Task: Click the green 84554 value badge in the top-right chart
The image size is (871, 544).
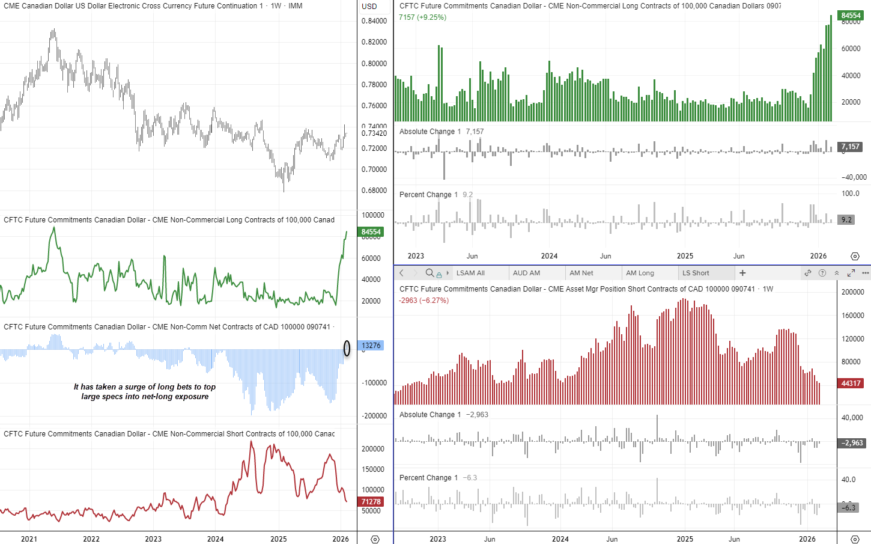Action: (x=851, y=16)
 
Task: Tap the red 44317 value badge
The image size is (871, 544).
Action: (x=851, y=384)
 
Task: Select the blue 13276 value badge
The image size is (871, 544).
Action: (x=371, y=346)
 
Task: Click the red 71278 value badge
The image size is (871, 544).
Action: (x=371, y=502)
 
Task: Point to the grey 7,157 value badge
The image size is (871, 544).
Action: (x=850, y=147)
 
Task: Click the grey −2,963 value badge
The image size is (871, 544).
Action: (x=852, y=443)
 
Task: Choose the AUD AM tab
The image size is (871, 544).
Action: (x=526, y=273)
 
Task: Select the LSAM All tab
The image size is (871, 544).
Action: (x=470, y=273)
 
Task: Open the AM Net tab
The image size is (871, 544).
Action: (x=581, y=273)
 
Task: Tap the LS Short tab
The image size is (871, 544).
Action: (x=696, y=273)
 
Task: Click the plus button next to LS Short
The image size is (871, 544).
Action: (x=742, y=273)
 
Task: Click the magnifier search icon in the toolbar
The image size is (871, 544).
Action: (x=429, y=273)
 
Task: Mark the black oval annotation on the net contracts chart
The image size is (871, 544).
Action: (x=347, y=348)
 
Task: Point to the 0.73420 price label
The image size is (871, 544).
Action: (x=374, y=133)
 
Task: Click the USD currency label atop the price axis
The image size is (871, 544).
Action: (x=369, y=7)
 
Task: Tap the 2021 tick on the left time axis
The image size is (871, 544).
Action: (x=29, y=539)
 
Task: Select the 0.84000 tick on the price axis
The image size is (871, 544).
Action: (x=374, y=21)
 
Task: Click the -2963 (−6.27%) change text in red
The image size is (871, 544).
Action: (x=423, y=301)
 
